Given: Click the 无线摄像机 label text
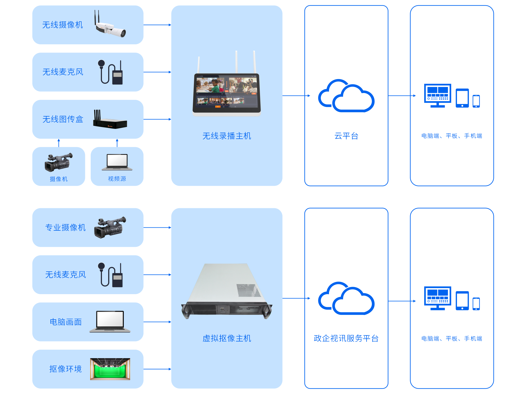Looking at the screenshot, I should click(x=62, y=25).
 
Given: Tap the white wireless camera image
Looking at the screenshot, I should click(x=110, y=26).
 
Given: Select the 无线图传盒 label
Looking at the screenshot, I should click(x=63, y=119).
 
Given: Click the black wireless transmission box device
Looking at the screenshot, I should click(x=110, y=122).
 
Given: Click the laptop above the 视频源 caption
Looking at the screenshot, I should click(x=117, y=162).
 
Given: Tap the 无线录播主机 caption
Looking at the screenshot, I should click(x=227, y=136).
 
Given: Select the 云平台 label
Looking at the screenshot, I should click(x=346, y=136).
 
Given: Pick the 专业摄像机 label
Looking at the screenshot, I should click(x=65, y=227).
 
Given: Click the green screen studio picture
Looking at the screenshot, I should click(x=110, y=369).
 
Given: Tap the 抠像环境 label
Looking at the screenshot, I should click(x=65, y=369).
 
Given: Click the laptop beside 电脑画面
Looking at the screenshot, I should click(x=110, y=321).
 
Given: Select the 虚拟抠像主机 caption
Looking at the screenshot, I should click(x=227, y=338).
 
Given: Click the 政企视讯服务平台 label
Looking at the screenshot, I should click(x=346, y=338).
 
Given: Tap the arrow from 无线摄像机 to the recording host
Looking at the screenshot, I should click(x=157, y=25).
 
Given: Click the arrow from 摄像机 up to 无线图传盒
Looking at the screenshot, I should click(x=59, y=143).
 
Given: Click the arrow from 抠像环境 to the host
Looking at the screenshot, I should click(x=157, y=369).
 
